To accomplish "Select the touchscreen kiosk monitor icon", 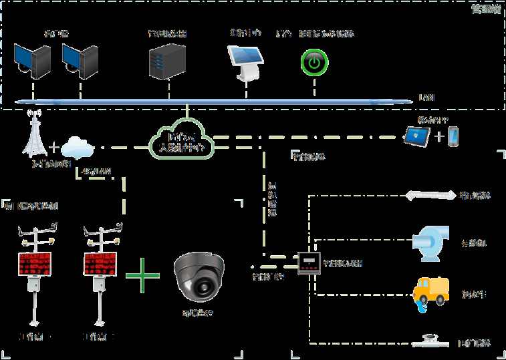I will tap(245, 61).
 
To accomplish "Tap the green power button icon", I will tap(312, 63).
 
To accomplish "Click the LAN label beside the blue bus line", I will tap(426, 98).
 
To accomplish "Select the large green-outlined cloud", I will tap(181, 138).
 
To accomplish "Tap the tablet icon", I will tap(417, 137).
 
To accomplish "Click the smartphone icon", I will tap(454, 137).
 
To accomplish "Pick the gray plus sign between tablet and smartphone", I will tap(438, 138).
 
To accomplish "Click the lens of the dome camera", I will tap(199, 287).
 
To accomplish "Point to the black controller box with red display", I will tap(309, 264).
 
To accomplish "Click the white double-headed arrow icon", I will tap(430, 196).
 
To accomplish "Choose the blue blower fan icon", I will tap(430, 240).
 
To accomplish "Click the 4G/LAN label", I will tap(95, 172).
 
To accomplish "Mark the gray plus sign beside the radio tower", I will tap(54, 145).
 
